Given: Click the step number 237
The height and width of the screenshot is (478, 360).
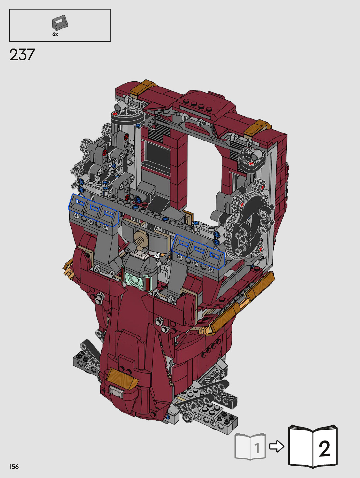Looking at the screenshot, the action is click(x=22, y=54).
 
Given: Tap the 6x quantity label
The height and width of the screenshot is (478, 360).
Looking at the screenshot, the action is click(x=55, y=34).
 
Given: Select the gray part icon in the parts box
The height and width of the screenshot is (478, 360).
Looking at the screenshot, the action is click(x=60, y=23).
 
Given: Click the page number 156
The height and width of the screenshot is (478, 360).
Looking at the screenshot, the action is click(x=14, y=467).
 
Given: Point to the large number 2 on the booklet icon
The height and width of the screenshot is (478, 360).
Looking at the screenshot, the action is click(x=324, y=448).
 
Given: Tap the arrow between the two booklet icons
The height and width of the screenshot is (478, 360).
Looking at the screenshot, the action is click(x=277, y=446).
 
